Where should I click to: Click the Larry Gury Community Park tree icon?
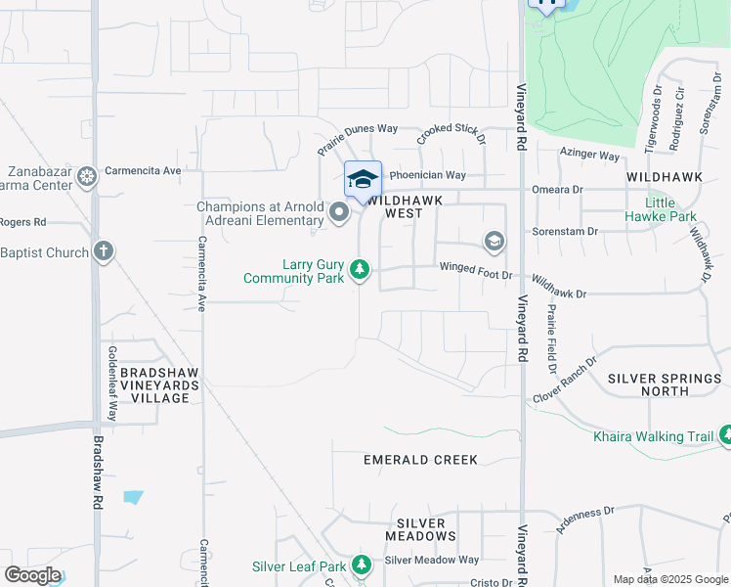point(360,268)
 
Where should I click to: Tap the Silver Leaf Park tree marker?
point(362,565)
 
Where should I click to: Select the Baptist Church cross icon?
point(103,251)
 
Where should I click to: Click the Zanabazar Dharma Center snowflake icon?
point(87,177)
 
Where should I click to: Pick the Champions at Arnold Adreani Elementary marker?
point(339,212)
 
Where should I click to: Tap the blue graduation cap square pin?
point(363,180)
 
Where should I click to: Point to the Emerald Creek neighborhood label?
point(420,460)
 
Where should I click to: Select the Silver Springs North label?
point(666,384)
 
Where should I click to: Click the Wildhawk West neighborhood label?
point(406,205)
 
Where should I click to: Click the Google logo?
point(31,575)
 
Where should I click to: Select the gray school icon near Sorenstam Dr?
point(494,241)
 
